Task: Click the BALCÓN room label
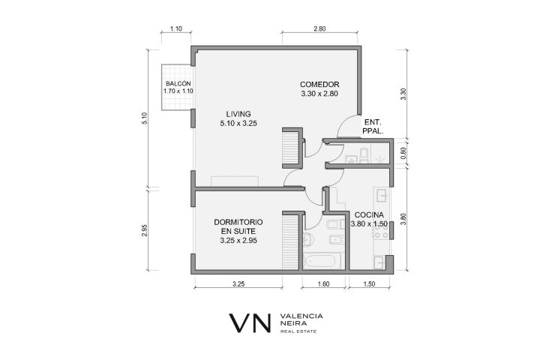tap(178, 83)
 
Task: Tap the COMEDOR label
tap(319, 85)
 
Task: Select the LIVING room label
tap(238, 114)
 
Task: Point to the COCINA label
tap(369, 215)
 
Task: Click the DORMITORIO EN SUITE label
tap(238, 226)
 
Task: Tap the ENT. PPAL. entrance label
tap(373, 127)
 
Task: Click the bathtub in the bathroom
tap(321, 261)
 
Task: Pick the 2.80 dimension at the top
tap(319, 29)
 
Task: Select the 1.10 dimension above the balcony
tap(176, 29)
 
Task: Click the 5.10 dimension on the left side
tap(145, 118)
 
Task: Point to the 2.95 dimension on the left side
tap(145, 230)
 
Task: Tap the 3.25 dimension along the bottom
tap(238, 284)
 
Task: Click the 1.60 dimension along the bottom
tap(323, 284)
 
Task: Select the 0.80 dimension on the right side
tap(403, 152)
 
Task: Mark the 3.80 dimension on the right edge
tap(403, 219)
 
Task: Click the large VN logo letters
tap(250, 322)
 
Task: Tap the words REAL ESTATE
tap(298, 331)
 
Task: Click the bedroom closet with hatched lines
tap(290, 241)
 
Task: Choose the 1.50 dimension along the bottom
tap(369, 284)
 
